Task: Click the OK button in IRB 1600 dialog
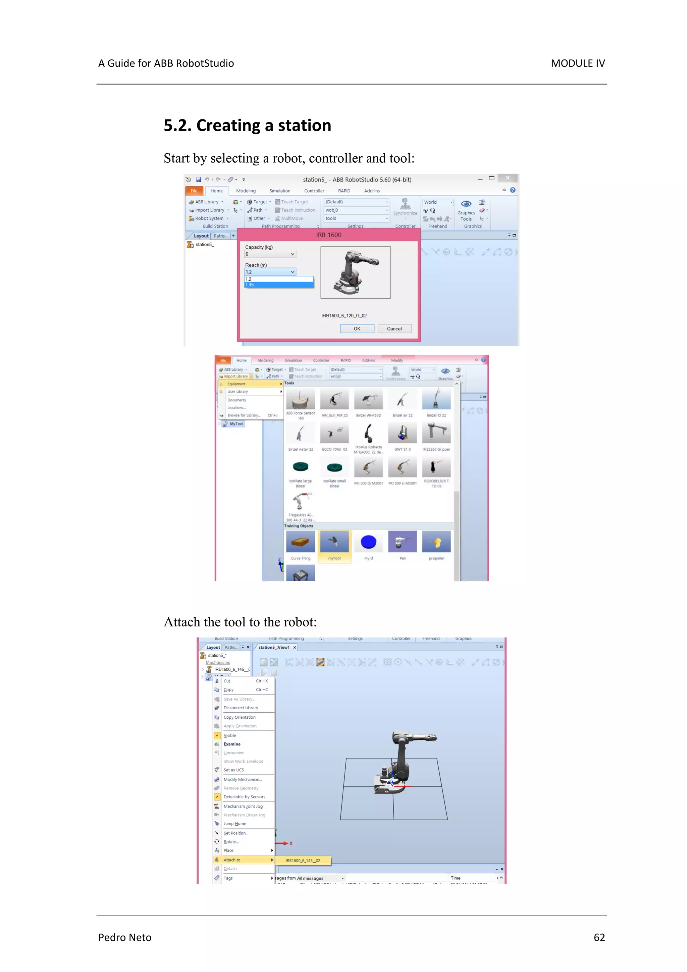tap(357, 328)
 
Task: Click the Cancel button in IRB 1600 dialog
tap(394, 328)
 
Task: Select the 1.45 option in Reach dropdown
tap(278, 285)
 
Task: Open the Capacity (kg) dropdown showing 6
tap(270, 254)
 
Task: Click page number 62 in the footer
tap(599, 937)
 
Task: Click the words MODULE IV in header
tap(577, 63)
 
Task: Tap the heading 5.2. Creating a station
tap(247, 126)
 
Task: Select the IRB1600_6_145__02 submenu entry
tap(303, 860)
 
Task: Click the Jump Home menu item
tap(234, 823)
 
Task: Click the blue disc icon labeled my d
tap(368, 542)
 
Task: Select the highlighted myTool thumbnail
tap(334, 542)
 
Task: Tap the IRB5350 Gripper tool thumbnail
tap(436, 433)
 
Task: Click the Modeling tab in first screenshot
tap(246, 191)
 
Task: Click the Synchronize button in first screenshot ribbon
tap(405, 207)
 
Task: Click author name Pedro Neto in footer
tap(124, 937)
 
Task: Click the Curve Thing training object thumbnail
tap(300, 542)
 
